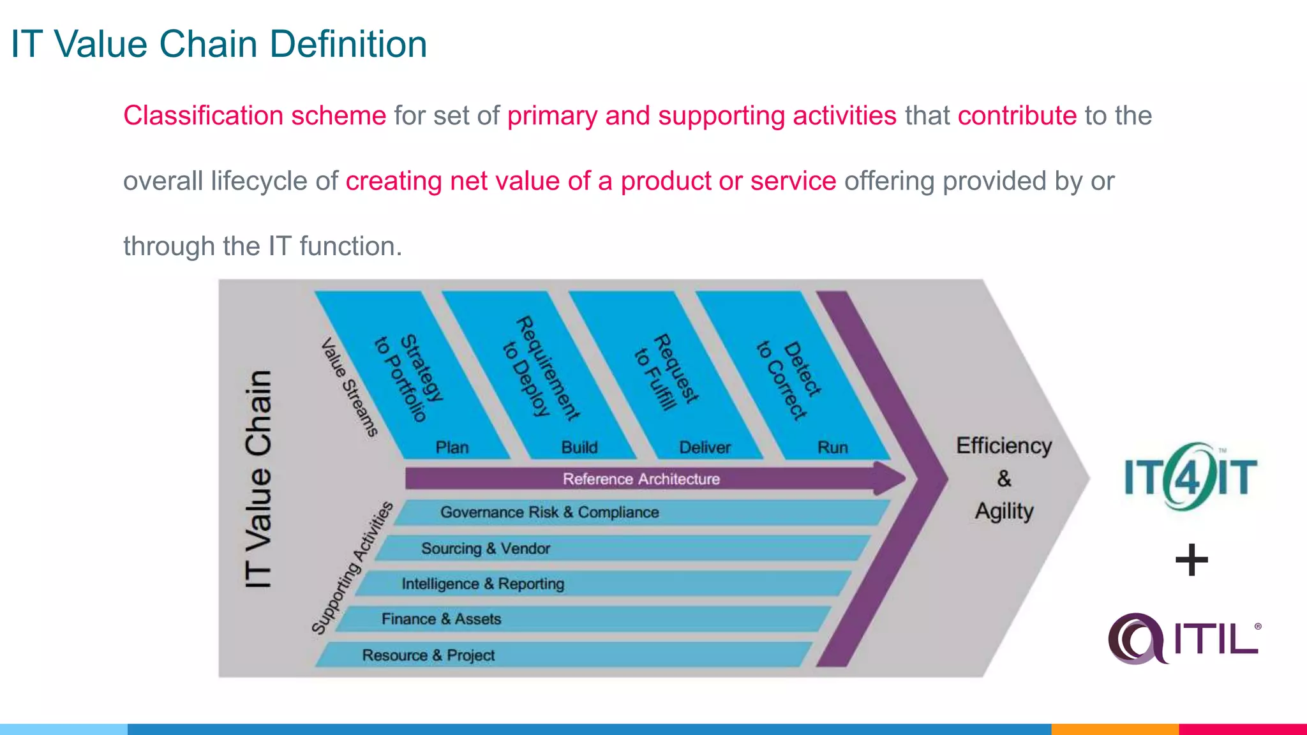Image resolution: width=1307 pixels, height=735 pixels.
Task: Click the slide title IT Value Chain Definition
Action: (x=219, y=45)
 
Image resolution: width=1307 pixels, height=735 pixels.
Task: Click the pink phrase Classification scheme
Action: (x=254, y=116)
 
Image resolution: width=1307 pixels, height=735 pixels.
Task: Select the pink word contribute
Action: (x=1017, y=116)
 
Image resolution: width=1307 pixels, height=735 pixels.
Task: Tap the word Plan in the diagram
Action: (x=452, y=447)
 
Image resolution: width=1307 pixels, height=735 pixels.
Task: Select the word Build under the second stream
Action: (x=579, y=447)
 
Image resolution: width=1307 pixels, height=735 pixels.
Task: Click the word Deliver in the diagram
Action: (x=705, y=447)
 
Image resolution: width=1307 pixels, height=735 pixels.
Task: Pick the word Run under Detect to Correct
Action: (x=832, y=447)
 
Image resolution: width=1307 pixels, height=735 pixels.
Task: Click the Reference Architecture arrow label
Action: (x=641, y=479)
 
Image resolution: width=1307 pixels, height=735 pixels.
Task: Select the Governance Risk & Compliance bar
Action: (x=549, y=512)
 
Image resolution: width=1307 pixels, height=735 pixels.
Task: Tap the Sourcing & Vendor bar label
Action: (x=485, y=548)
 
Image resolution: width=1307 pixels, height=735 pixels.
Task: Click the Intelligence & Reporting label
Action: (x=482, y=584)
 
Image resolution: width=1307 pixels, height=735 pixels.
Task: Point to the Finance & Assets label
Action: (x=441, y=619)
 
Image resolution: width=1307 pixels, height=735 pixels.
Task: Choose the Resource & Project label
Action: (x=428, y=655)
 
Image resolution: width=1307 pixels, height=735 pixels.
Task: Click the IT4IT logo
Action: (x=1190, y=477)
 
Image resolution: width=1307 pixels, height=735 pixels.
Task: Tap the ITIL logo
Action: (x=1184, y=638)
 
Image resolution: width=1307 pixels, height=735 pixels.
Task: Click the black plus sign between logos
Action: (x=1191, y=560)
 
